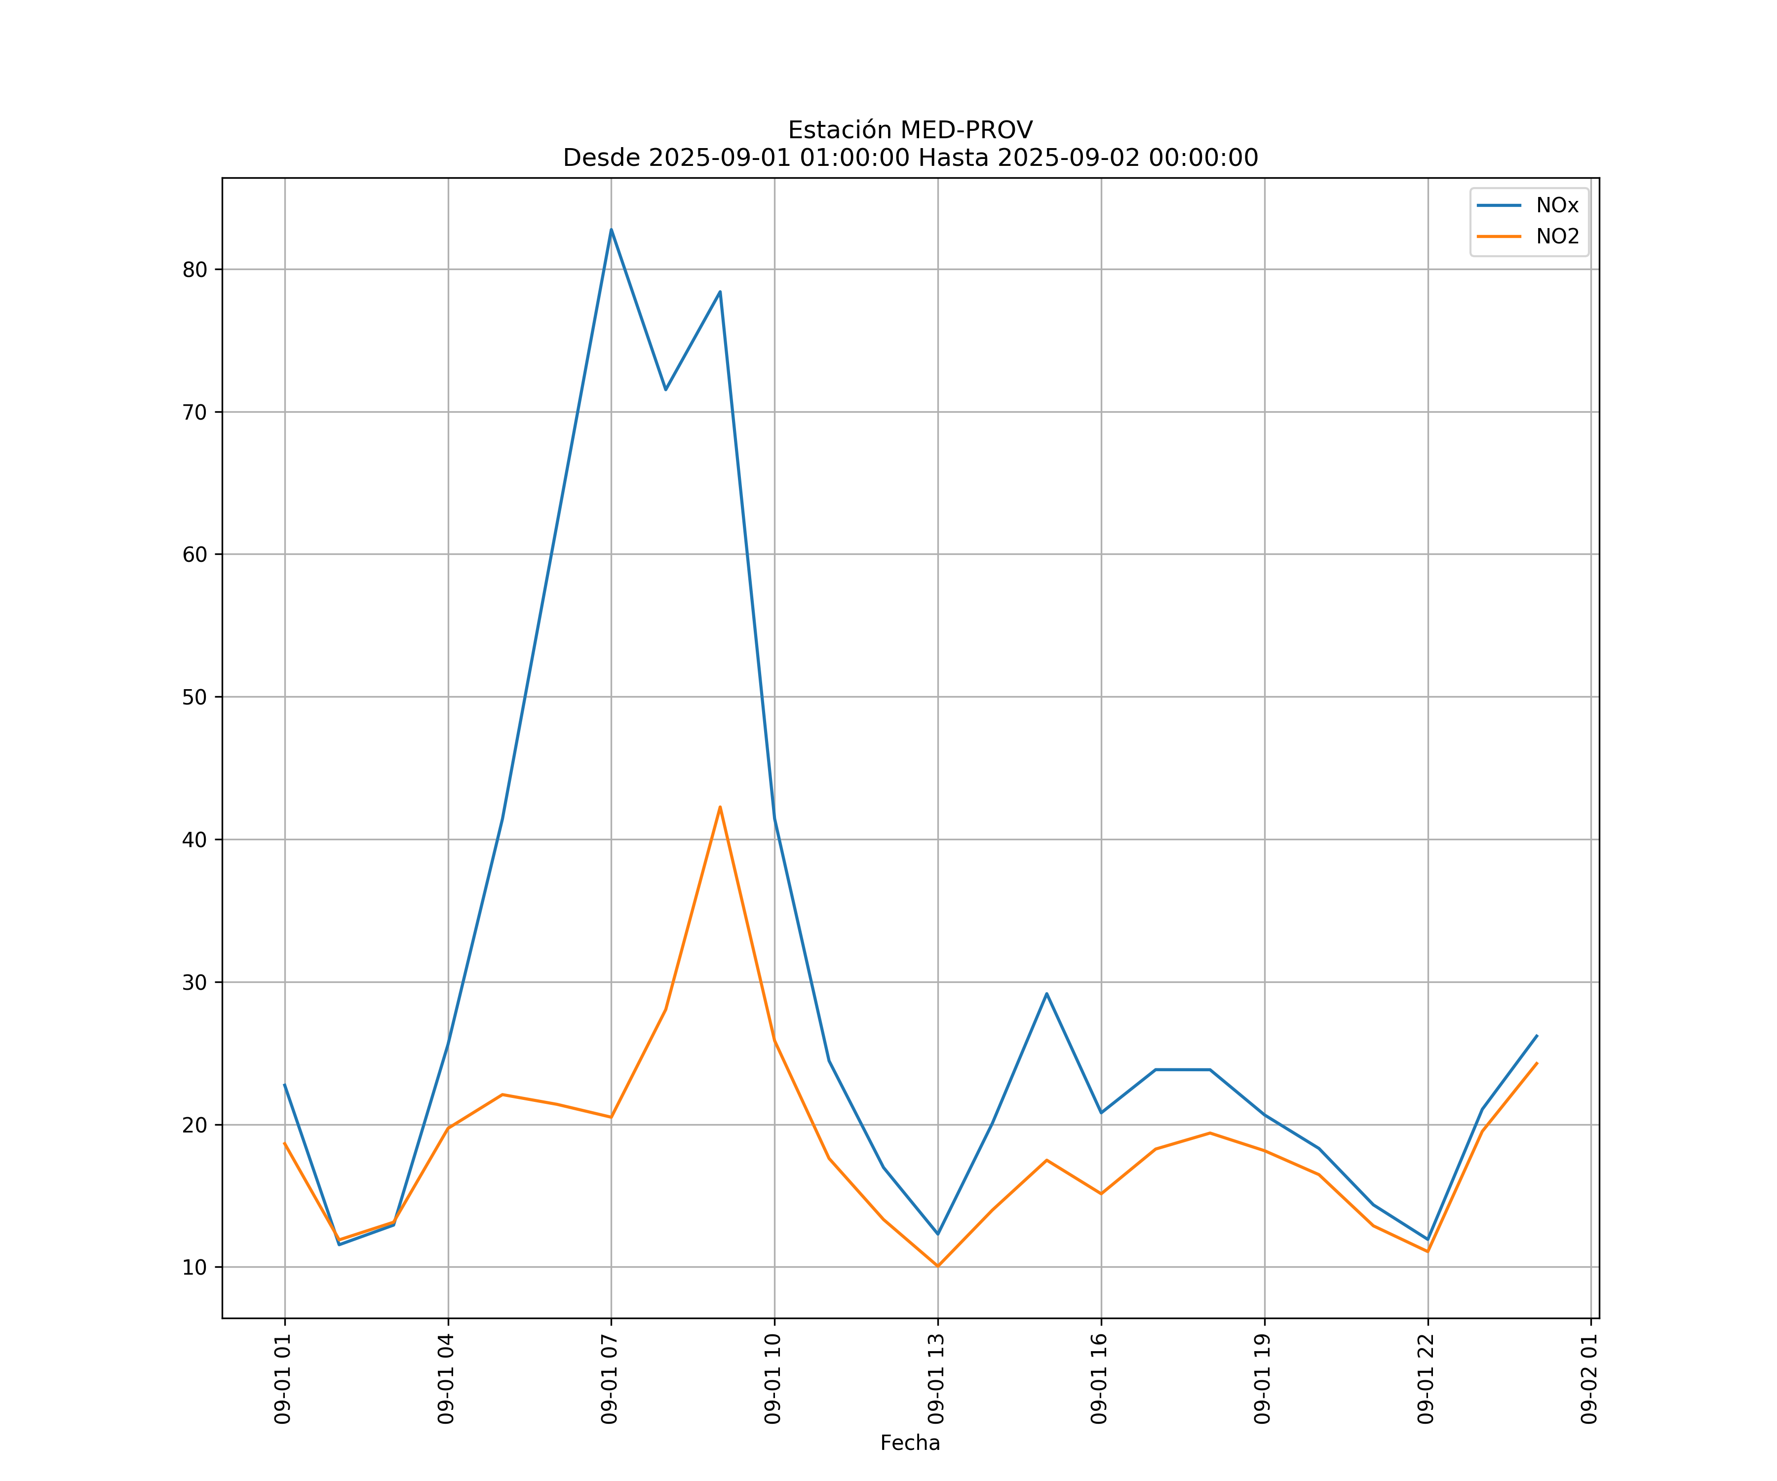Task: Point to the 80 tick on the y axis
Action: (194, 270)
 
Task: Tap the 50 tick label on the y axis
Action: (194, 698)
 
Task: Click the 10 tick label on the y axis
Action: (194, 1267)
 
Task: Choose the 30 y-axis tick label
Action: (194, 982)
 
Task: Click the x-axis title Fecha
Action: (910, 1443)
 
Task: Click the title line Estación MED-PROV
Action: (910, 130)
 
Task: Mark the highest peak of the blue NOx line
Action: (611, 230)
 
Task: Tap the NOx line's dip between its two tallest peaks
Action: (665, 390)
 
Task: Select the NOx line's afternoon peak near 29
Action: (1047, 994)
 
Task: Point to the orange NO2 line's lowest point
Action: (937, 1266)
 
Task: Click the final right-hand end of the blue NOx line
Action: (1537, 1035)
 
